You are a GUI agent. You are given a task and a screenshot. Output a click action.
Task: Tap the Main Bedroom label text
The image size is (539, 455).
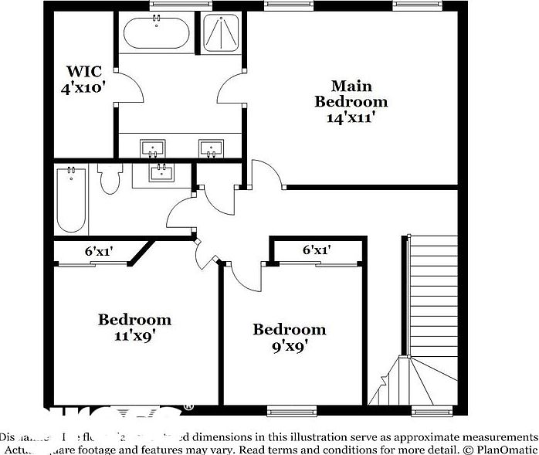coord(351,93)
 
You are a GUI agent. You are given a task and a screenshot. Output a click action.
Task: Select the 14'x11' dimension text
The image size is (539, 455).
coord(351,118)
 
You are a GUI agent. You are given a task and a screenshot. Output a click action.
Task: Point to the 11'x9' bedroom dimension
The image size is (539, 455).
coord(134,335)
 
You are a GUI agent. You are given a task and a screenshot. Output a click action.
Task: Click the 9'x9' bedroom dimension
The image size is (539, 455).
coord(290,346)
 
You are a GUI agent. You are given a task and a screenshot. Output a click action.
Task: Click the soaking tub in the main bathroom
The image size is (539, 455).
coord(156,34)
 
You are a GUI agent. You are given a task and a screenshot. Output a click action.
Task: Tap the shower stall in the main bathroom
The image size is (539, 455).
coord(221,34)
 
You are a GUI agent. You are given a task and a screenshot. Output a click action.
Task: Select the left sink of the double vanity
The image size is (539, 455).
coord(153,147)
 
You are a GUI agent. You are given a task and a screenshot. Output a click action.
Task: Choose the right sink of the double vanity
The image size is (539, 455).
coord(211,147)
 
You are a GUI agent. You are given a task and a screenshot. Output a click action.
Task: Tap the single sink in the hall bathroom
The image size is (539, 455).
coord(161,172)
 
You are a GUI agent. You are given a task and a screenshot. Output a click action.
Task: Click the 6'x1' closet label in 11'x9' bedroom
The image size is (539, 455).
coord(99,251)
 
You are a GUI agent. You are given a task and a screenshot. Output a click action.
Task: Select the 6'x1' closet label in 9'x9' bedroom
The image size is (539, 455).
coord(317,250)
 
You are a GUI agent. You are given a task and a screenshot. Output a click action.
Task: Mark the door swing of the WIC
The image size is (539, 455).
coord(131,89)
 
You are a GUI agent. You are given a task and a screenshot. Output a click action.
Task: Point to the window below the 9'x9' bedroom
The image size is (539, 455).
coord(288,409)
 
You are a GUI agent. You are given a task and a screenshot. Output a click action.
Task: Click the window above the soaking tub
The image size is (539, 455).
coord(170,5)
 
